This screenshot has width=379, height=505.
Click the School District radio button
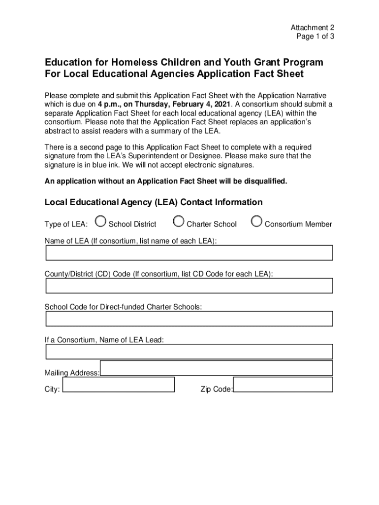coord(100,222)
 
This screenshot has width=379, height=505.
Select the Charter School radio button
coord(179,222)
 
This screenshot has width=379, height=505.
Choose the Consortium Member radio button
coord(256,222)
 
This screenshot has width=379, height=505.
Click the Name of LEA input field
coord(189,252)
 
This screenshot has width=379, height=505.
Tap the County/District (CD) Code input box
coord(189,286)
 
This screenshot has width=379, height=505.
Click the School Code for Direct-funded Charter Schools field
coord(189,319)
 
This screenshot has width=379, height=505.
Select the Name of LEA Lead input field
coord(189,352)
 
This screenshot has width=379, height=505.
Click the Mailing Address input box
coord(217,368)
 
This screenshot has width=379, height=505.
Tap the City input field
coord(119,385)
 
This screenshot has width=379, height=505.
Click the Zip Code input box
coord(283,385)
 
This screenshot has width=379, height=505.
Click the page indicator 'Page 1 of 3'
coord(316,36)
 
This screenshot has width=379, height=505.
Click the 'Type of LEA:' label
coord(66,224)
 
